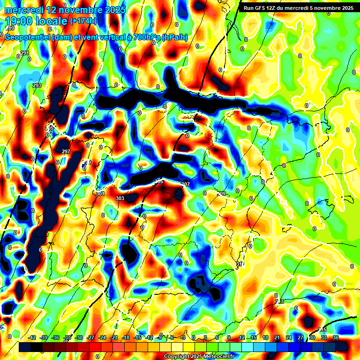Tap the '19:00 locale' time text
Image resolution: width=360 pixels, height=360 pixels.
point(36,21)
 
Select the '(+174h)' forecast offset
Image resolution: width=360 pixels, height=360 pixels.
point(83,21)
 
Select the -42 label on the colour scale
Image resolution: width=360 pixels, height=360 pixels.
point(32,338)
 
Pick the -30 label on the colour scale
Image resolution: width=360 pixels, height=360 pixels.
point(79,338)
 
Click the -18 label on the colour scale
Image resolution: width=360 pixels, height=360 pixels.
point(126,338)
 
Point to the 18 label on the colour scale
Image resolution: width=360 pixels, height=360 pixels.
point(265,338)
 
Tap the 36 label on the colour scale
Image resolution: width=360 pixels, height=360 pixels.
point(336,338)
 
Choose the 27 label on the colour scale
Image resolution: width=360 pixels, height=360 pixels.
point(300,338)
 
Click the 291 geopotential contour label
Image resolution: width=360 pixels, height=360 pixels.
point(25,53)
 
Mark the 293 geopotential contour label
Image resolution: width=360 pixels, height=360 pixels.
point(37,85)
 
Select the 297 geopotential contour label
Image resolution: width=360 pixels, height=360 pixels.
point(66,151)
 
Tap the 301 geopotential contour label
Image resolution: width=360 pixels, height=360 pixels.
point(100,194)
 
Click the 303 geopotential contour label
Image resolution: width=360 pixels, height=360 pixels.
point(120,198)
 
